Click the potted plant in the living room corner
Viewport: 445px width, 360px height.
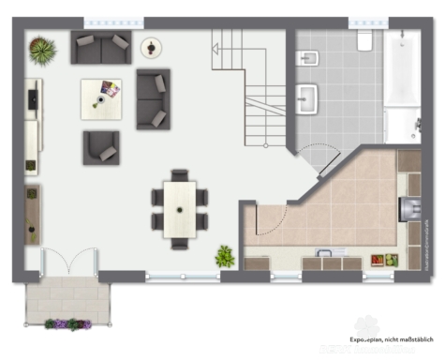(42, 48)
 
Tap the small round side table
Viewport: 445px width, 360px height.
(150, 46)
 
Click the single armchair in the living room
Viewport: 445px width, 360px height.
(100, 147)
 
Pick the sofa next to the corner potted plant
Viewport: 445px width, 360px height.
(101, 47)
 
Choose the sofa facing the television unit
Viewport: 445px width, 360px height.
(153, 98)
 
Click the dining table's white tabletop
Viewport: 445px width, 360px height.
(179, 207)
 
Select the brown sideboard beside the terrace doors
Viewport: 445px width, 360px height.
(33, 215)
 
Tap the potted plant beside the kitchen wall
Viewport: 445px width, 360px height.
(225, 255)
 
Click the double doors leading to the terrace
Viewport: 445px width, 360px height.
(69, 262)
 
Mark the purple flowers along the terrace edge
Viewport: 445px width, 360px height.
(68, 324)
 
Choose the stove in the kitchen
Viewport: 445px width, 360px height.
(408, 208)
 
